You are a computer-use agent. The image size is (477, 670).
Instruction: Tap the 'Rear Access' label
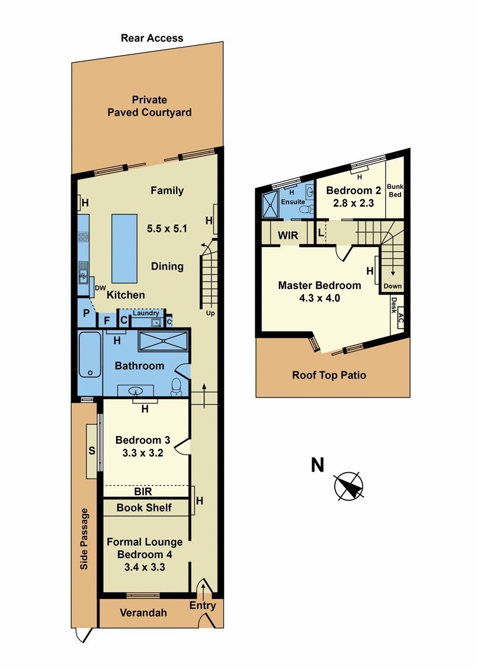[x=152, y=38]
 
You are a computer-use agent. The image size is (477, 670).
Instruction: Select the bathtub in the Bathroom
[x=90, y=354]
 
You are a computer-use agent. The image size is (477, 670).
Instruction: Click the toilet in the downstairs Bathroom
[x=176, y=387]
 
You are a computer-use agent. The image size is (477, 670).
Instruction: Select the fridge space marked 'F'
[x=107, y=320]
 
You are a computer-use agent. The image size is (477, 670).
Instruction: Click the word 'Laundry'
[x=146, y=313]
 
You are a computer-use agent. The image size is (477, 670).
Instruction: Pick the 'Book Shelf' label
[x=144, y=508]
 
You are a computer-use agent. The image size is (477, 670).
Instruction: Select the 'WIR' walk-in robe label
[x=288, y=235]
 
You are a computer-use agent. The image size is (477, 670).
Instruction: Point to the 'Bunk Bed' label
[x=395, y=190]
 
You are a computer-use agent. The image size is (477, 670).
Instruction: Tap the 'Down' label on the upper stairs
[x=392, y=286]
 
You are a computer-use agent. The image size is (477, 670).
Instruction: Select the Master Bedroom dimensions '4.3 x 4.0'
[x=319, y=298]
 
